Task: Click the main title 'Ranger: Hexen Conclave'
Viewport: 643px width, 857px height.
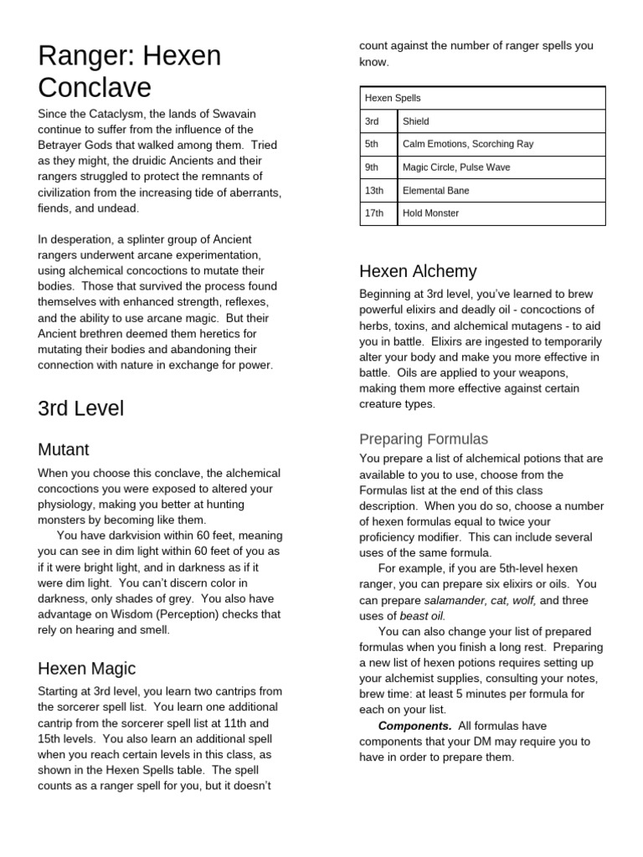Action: (130, 72)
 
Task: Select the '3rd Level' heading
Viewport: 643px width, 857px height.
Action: (81, 408)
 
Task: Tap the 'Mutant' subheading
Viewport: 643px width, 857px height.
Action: (64, 449)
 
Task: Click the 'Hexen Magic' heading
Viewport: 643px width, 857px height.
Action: (87, 668)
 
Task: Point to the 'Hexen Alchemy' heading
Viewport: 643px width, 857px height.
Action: (418, 270)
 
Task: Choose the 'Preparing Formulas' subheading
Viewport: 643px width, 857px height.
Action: (424, 439)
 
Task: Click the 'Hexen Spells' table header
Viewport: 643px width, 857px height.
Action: (393, 98)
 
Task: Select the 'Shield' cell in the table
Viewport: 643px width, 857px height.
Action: (416, 121)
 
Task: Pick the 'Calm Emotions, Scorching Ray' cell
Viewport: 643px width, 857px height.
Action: (468, 144)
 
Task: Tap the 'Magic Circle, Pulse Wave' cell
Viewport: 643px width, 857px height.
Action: (456, 167)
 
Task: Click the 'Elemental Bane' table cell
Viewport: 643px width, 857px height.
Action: (436, 191)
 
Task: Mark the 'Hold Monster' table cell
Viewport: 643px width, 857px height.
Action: (431, 213)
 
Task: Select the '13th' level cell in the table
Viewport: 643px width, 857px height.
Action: (375, 191)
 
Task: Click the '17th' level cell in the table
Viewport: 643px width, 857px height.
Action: (375, 213)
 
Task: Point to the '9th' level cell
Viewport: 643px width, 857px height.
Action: (373, 167)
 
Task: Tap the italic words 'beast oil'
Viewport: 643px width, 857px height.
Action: (422, 615)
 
